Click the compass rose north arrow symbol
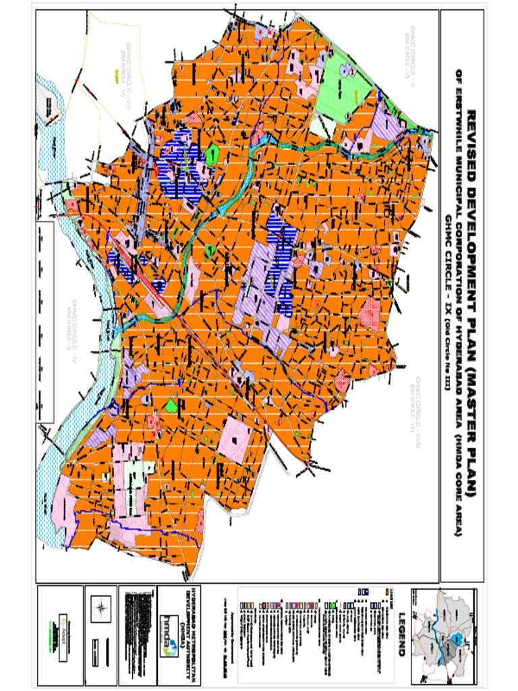coord(100,607)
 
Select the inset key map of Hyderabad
coord(446,636)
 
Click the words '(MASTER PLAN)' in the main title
coord(470,432)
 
